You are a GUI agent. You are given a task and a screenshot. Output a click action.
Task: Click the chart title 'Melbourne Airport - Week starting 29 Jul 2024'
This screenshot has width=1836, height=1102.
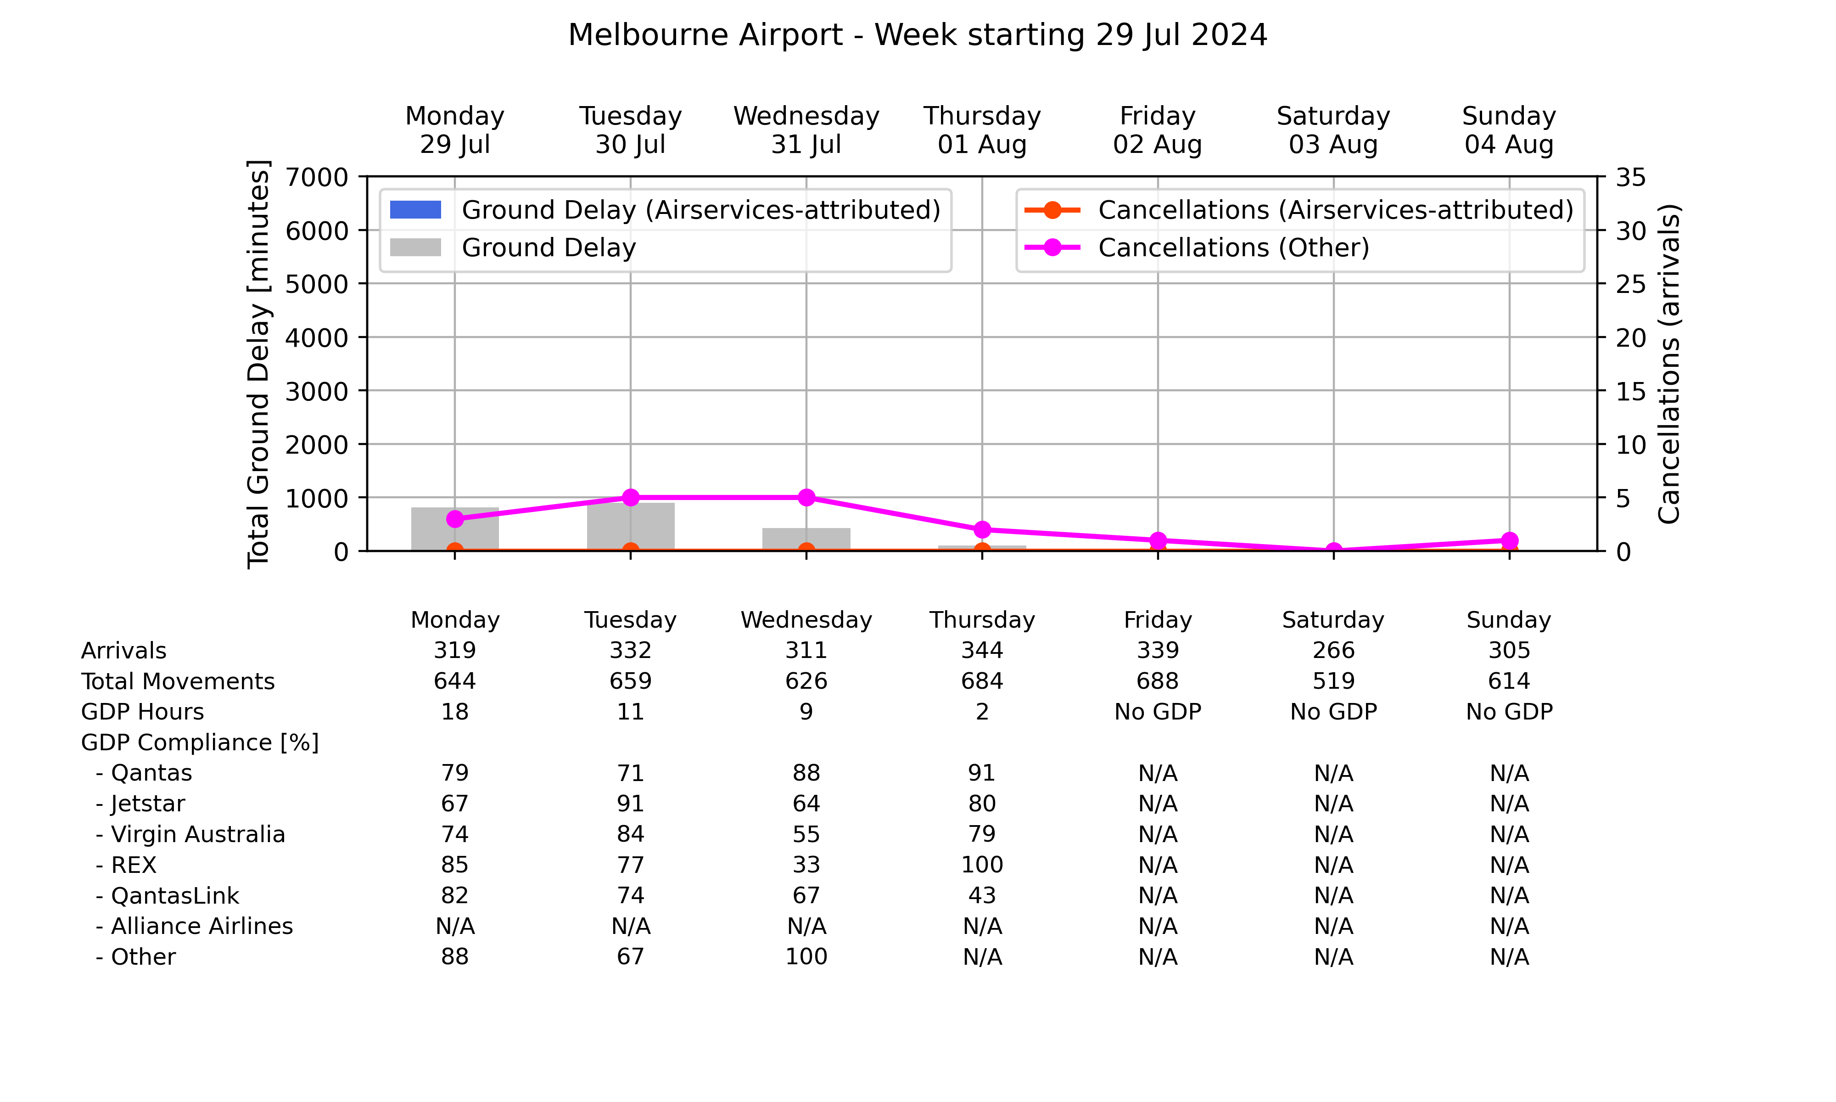917,35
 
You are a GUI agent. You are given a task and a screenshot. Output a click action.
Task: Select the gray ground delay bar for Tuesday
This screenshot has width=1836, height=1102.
631,527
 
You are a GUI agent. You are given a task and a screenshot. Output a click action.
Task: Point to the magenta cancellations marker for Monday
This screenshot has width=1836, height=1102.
455,519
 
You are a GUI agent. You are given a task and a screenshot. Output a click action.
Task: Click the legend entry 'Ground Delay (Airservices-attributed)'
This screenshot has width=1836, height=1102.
666,210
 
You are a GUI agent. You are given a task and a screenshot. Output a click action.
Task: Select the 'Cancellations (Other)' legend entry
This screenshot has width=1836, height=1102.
1197,247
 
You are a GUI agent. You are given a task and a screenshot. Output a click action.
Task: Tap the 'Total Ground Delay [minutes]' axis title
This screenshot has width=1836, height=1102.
258,364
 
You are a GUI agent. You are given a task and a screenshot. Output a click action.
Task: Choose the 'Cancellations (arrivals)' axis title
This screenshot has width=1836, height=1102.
1669,364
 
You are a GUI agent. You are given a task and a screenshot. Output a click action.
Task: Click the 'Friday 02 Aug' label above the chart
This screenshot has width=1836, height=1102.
1158,130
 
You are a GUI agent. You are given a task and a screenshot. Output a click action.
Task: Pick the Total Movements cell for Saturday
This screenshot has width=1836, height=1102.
1333,681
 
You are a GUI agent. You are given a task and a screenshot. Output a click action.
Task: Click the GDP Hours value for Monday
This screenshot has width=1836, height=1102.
455,711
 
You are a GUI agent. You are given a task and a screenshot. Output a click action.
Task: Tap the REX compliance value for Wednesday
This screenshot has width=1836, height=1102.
806,865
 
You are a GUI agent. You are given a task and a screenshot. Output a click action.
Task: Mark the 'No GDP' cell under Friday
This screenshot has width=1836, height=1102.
1158,711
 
